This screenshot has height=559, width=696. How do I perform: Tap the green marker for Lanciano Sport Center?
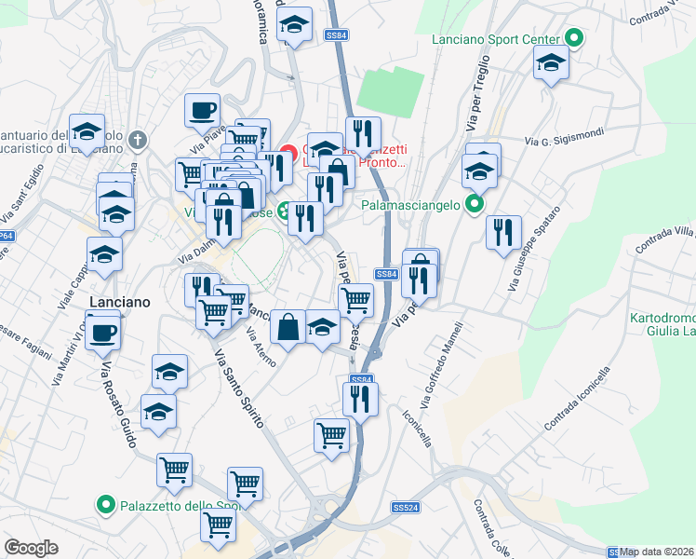pyautogui.click(x=575, y=39)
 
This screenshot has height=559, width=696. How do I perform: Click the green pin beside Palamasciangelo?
pyautogui.click(x=475, y=202)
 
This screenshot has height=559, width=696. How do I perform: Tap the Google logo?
pyautogui.click(x=31, y=548)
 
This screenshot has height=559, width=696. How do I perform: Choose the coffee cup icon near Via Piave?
pyautogui.click(x=202, y=111)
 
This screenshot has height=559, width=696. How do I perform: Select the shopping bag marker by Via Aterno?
pyautogui.click(x=288, y=327)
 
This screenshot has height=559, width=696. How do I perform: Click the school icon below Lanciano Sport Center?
pyautogui.click(x=551, y=63)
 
